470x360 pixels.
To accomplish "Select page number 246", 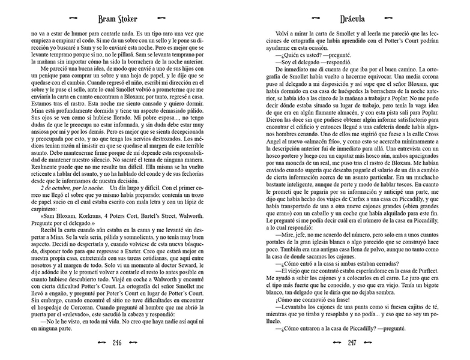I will [x=118, y=343].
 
